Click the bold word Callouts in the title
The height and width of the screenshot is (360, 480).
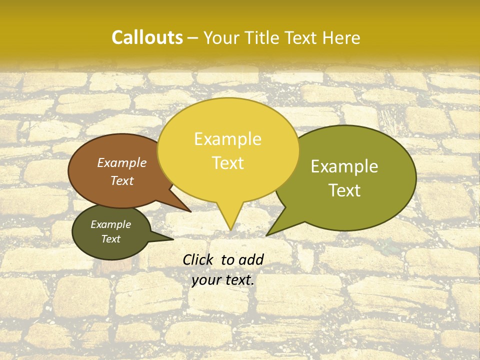pyautogui.click(x=147, y=37)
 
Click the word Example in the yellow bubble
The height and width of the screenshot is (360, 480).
pyautogui.click(x=227, y=139)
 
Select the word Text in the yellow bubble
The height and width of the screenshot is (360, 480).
pyautogui.click(x=227, y=163)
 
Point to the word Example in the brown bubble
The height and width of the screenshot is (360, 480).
pyautogui.click(x=121, y=163)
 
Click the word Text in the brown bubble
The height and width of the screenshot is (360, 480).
pyautogui.click(x=121, y=180)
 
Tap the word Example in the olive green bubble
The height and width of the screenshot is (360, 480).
pyautogui.click(x=344, y=166)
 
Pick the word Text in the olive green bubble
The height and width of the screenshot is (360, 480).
pyautogui.click(x=344, y=190)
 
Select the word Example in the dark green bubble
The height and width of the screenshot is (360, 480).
pyautogui.click(x=110, y=224)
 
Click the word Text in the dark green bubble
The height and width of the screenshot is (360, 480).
pyautogui.click(x=110, y=239)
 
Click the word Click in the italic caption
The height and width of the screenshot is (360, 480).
pyautogui.click(x=198, y=259)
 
